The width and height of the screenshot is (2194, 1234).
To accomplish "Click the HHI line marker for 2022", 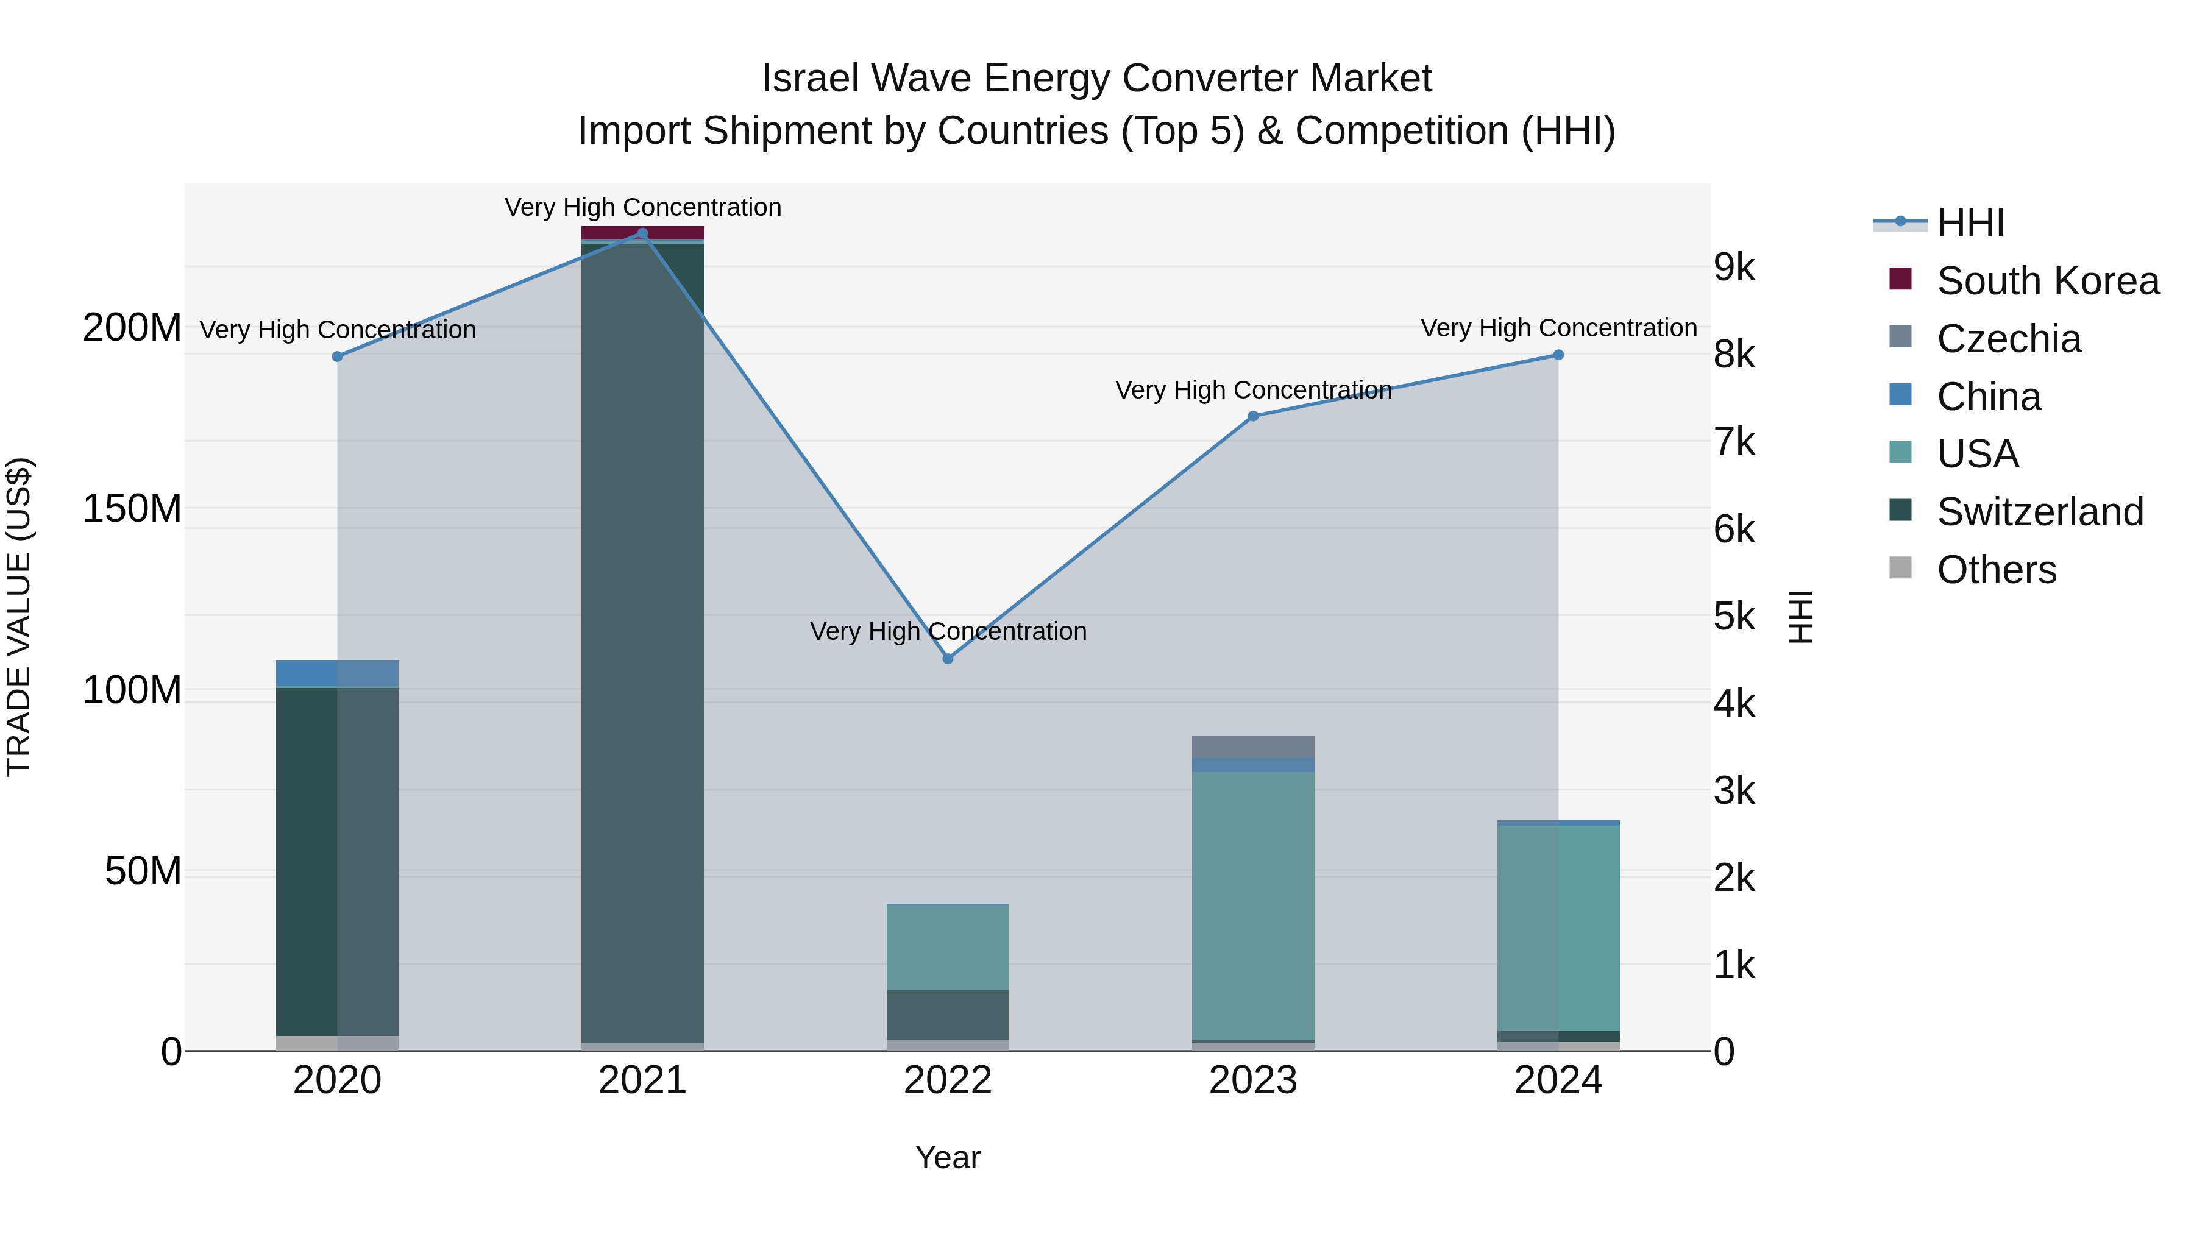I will click(x=948, y=658).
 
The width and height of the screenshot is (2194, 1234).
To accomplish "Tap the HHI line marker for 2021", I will click(x=642, y=233).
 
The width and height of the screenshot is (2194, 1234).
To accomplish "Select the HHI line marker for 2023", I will click(x=1253, y=416).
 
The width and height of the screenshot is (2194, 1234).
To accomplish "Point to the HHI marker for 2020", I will click(x=337, y=356).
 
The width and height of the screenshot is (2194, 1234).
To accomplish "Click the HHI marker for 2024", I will click(x=1558, y=355).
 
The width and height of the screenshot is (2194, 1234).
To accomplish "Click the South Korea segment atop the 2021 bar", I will click(x=642, y=233).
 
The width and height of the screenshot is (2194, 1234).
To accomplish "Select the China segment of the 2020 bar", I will click(x=337, y=673).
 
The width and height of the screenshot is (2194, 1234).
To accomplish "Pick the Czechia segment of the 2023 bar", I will click(x=1253, y=747).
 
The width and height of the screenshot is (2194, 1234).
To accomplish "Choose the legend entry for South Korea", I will click(x=2048, y=281).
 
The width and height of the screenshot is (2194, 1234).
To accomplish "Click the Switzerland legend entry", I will click(x=2039, y=512).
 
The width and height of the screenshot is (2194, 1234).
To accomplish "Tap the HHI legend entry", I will click(x=1969, y=223).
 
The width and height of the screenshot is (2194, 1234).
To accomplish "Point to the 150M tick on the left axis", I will click(x=132, y=508).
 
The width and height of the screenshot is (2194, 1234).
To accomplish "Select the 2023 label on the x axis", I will click(x=1253, y=1080).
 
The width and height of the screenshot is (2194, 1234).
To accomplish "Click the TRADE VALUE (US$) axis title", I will click(x=19, y=617).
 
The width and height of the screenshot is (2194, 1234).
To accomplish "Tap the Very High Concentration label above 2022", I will click(x=948, y=631).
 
